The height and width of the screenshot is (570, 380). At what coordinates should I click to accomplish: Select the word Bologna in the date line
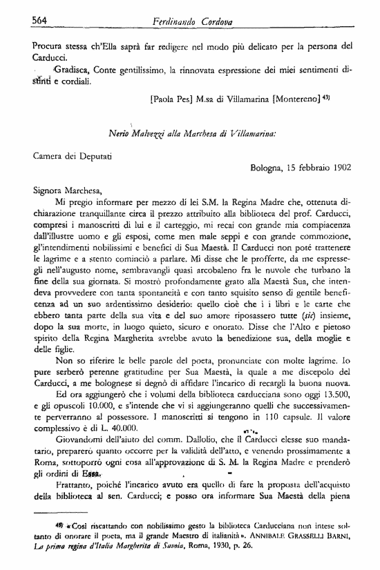click(x=267, y=166)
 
